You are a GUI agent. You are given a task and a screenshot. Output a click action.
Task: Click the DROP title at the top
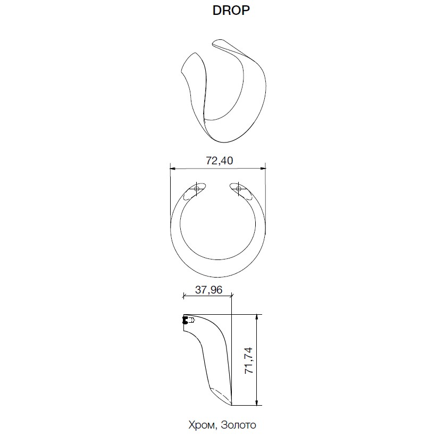[x=231, y=10]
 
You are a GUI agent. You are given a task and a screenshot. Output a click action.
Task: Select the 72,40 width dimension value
[x=220, y=161]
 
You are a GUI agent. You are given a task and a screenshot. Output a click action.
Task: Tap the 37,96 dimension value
[x=208, y=290]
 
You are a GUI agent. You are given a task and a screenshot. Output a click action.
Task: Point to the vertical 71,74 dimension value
[x=249, y=360]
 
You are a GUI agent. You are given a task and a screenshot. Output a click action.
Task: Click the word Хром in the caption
[x=202, y=425]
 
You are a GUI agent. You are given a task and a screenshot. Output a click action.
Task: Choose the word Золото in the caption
[x=239, y=425]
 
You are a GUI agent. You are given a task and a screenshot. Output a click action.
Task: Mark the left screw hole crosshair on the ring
[x=197, y=189]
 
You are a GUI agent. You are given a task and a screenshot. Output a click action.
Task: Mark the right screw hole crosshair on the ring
[x=238, y=189]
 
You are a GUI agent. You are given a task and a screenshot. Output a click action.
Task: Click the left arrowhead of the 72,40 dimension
[x=173, y=169]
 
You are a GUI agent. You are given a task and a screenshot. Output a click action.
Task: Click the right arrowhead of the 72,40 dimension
[x=263, y=169]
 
